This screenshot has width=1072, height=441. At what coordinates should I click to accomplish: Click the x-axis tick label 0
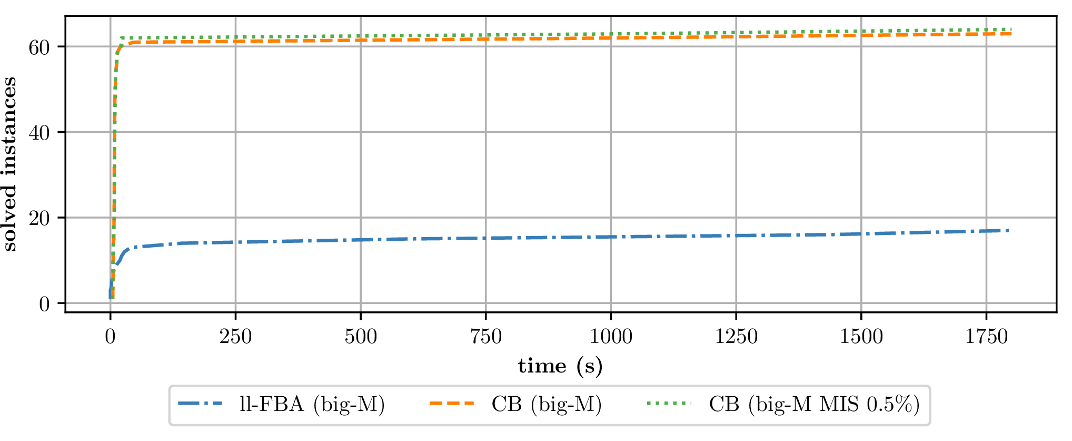click(x=110, y=336)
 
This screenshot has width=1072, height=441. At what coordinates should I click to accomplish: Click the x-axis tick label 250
click(x=235, y=336)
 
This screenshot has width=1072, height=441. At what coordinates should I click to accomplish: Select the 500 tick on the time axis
click(x=361, y=336)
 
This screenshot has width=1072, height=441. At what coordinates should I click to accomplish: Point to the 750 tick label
click(x=485, y=336)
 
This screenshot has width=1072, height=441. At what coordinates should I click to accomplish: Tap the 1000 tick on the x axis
click(x=611, y=336)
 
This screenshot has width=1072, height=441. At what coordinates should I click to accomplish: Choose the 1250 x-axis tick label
click(x=736, y=336)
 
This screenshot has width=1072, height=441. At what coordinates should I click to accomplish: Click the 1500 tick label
click(x=861, y=336)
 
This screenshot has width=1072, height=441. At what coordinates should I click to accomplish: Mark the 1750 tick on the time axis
click(x=986, y=336)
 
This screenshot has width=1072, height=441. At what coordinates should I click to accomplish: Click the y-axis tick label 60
click(x=39, y=47)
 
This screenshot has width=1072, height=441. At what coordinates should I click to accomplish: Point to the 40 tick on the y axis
click(x=39, y=133)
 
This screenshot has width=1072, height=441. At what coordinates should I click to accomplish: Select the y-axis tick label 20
click(x=39, y=218)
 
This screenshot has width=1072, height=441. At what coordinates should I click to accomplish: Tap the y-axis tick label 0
click(x=44, y=304)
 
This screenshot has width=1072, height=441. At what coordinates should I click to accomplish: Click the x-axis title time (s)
click(x=560, y=366)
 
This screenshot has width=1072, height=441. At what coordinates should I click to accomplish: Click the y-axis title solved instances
click(x=10, y=164)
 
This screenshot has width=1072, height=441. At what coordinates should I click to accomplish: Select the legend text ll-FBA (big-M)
click(x=312, y=405)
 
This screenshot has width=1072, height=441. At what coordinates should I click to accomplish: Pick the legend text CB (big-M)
click(x=547, y=405)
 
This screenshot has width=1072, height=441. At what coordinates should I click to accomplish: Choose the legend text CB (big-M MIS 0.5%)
click(x=814, y=405)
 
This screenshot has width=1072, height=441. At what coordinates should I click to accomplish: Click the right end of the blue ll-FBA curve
click(x=1008, y=230)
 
